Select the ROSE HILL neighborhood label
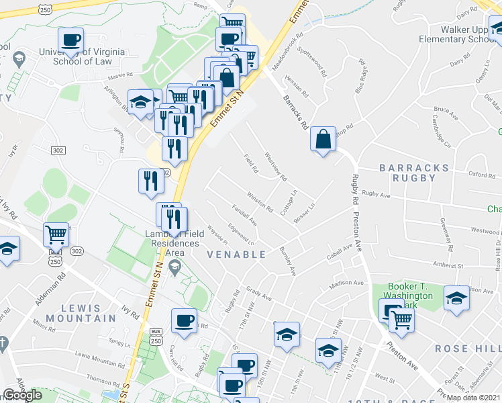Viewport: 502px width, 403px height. click(x=467, y=349)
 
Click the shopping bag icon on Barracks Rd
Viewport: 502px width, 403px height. click(x=323, y=140)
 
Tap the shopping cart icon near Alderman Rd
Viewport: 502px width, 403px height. click(x=56, y=235)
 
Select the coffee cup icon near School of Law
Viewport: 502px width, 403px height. click(x=70, y=40)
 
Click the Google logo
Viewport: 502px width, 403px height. click(x=22, y=395)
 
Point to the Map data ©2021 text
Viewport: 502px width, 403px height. click(x=474, y=398)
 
